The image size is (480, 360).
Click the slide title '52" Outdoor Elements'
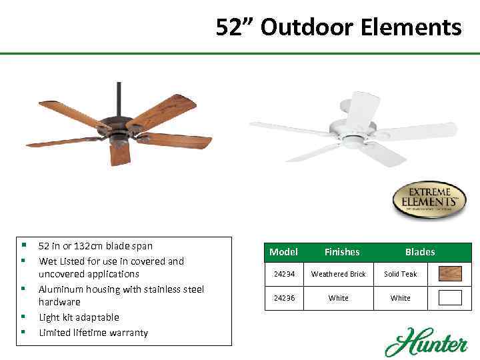(339, 27)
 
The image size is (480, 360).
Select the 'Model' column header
(283, 252)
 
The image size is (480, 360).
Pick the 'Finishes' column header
(341, 252)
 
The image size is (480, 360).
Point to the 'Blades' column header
(419, 252)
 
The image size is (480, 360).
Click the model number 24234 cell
(283, 274)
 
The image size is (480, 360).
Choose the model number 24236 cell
(283, 298)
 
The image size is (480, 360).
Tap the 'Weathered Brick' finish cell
(339, 274)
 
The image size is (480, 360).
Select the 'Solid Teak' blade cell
(400, 274)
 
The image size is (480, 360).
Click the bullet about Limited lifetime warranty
(93, 333)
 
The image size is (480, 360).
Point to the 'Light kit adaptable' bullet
(79, 317)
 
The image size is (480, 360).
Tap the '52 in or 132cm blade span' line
(95, 246)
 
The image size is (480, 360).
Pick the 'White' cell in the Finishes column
(339, 298)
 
